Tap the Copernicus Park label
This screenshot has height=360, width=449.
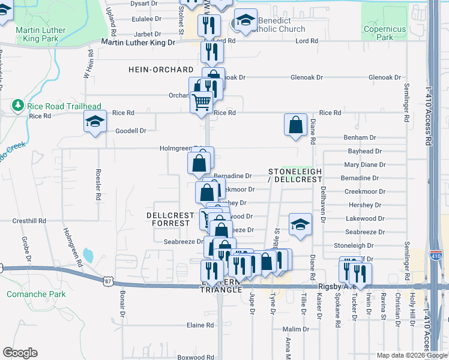385,33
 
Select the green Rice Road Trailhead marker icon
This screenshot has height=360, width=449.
17,107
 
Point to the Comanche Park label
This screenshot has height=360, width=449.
28,294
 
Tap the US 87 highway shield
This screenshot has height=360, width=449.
106,280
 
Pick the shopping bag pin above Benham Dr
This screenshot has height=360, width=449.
296,125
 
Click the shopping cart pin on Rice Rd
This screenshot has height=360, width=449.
201,102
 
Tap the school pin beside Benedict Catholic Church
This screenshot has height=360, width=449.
246,21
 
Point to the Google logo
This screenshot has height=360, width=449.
20,353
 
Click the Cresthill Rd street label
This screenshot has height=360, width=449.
29,221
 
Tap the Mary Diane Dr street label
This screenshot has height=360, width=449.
364,164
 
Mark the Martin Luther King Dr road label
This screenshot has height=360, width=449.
138,43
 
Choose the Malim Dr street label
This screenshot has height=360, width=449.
295,329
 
